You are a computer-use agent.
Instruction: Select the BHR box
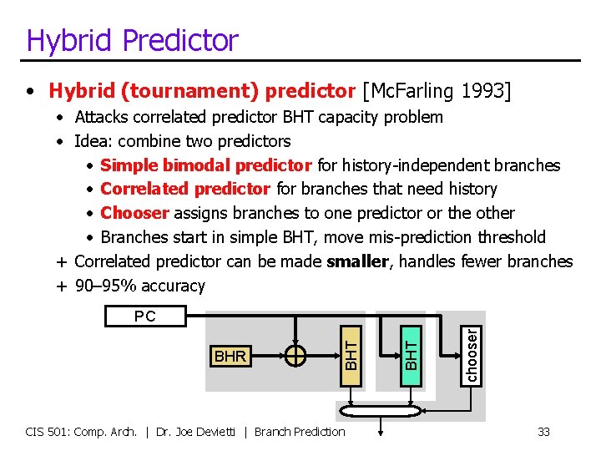pos(230,356)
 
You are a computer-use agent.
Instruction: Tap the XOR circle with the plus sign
pos(295,356)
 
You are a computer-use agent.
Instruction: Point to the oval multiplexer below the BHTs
pos(382,412)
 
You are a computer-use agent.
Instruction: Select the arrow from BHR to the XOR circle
pos(267,356)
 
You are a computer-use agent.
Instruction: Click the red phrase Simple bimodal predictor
pos(205,165)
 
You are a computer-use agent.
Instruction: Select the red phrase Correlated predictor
pos(185,190)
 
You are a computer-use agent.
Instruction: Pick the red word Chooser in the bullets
pos(134,213)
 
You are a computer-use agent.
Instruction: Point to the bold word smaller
pos(357,261)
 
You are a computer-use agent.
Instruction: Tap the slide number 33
pos(543,432)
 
